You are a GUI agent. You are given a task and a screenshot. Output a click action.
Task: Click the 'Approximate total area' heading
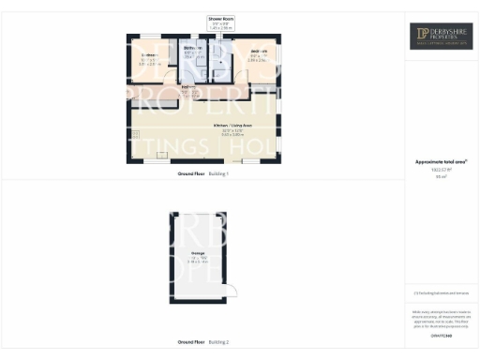click(442, 162)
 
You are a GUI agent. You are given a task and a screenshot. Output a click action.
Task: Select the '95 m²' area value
click(442, 175)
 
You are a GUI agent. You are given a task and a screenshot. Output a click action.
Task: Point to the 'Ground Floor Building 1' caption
click(202, 174)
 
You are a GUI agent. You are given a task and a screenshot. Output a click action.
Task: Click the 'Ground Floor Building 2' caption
click(202, 342)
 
